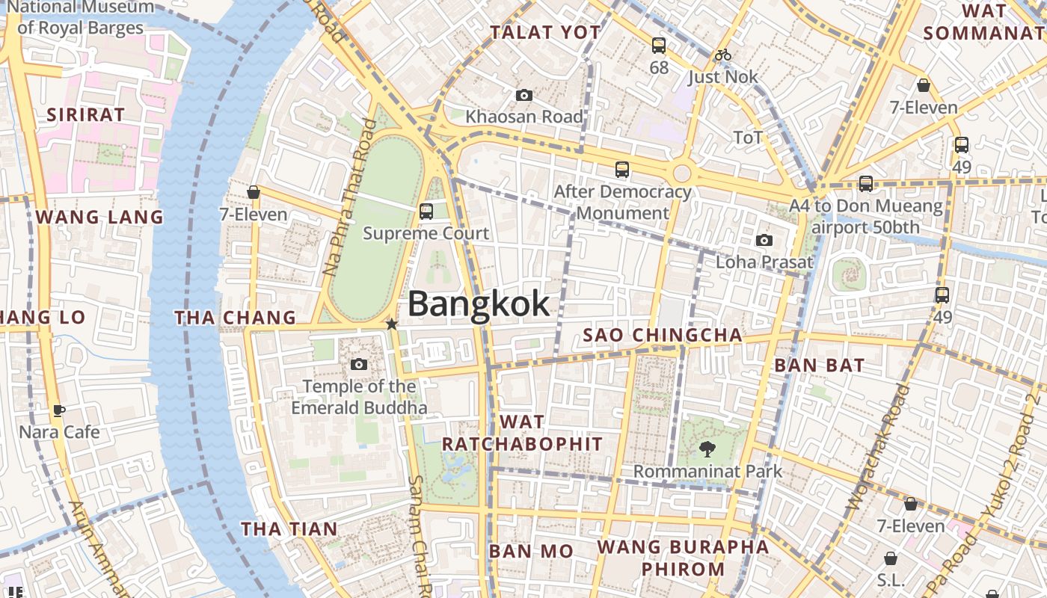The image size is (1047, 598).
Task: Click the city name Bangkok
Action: click(479, 304)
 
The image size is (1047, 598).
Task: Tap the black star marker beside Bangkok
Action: click(391, 324)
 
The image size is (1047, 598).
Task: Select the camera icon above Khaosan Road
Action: click(524, 95)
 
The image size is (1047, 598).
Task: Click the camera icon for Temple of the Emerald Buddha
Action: click(359, 364)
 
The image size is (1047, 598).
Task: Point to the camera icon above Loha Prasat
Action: click(764, 240)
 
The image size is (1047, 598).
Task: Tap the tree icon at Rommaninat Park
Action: click(707, 449)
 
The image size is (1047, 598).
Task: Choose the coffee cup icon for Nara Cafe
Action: click(59, 410)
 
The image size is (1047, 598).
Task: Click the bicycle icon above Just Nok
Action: click(722, 55)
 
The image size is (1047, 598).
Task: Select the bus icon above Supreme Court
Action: click(426, 212)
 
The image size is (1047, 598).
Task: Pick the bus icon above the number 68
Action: click(658, 46)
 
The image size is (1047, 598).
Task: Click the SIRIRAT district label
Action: click(85, 114)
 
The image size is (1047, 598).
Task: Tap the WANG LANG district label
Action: click(99, 217)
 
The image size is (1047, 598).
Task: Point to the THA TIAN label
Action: click(289, 529)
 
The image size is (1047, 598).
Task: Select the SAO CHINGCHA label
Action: click(663, 335)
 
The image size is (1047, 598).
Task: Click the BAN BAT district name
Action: click(819, 366)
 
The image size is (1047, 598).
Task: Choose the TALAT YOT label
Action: click(545, 32)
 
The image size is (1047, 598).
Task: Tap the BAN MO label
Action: click(531, 552)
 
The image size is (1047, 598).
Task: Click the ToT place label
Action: click(748, 138)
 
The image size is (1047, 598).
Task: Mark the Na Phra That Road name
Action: click(349, 197)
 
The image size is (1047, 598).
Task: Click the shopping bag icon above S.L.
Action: click(891, 558)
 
